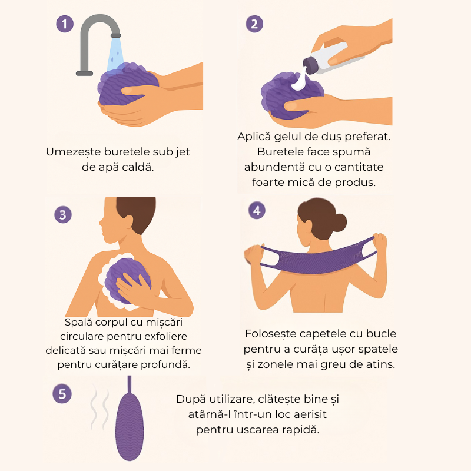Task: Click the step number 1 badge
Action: (x=65, y=24)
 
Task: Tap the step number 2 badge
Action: (x=254, y=24)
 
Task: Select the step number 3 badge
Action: (x=63, y=214)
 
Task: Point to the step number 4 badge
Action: (x=257, y=210)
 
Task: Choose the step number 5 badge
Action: (x=62, y=394)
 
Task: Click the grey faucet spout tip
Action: (x=115, y=35)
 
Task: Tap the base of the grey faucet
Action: (x=84, y=73)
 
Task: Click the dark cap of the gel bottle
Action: (x=310, y=65)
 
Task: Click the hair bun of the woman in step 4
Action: (x=339, y=223)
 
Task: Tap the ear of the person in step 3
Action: (x=128, y=222)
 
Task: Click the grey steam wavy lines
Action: (x=99, y=407)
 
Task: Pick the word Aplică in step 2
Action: (x=254, y=137)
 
